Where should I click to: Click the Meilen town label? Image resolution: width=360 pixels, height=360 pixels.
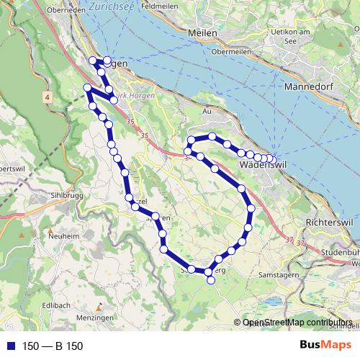201,33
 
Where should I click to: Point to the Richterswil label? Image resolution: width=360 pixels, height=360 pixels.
328,222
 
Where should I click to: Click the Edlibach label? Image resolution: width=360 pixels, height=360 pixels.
56,305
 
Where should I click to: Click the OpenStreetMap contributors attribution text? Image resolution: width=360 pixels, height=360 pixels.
297,323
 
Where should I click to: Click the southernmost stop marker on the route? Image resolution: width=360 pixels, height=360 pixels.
211,281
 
